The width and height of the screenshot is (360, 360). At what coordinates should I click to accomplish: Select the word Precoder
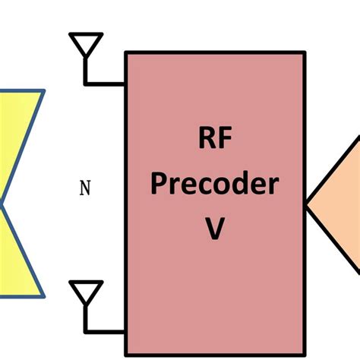pyautogui.click(x=214, y=185)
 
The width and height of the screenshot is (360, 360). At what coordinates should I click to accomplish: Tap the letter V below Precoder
pyautogui.click(x=214, y=228)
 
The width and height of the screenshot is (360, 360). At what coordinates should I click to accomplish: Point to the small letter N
pyautogui.click(x=85, y=188)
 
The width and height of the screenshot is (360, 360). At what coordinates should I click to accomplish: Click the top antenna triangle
pyautogui.click(x=86, y=43)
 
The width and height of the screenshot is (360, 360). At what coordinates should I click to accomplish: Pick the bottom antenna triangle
pyautogui.click(x=86, y=292)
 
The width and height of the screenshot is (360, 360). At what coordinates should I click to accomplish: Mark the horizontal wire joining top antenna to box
pyautogui.click(x=106, y=81)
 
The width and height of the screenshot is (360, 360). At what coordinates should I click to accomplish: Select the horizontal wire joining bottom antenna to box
pyautogui.click(x=106, y=330)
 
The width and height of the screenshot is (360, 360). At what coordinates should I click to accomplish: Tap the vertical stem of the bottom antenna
pyautogui.click(x=86, y=317)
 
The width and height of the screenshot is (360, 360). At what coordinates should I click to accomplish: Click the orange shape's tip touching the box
pyautogui.click(x=308, y=204)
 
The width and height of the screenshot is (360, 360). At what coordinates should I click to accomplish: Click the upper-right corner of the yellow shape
pyautogui.click(x=43, y=92)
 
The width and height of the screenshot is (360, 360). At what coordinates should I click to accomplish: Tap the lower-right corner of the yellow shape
pyautogui.click(x=44, y=295)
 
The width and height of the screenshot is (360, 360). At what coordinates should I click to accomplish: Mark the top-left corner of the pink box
pyautogui.click(x=126, y=52)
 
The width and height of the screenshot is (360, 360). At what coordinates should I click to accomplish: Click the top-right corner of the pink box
pyautogui.click(x=305, y=52)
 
